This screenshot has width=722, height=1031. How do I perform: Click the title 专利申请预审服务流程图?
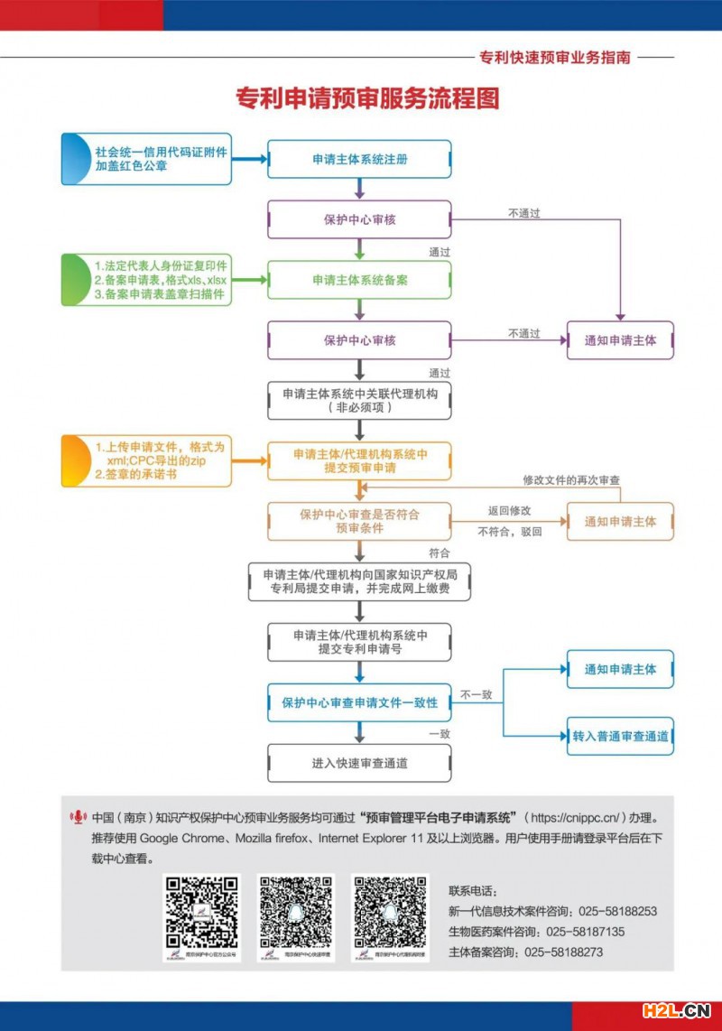click(x=367, y=98)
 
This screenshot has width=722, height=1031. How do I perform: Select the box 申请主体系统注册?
click(x=360, y=159)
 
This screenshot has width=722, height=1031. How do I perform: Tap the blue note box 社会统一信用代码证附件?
click(x=147, y=159)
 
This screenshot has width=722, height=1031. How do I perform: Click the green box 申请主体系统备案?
click(x=360, y=280)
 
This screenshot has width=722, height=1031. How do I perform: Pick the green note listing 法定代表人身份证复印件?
click(x=147, y=280)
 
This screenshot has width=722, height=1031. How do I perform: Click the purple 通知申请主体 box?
click(x=620, y=340)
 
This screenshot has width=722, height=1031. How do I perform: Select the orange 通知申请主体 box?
click(x=620, y=522)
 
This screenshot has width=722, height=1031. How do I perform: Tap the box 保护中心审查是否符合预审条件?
click(x=360, y=522)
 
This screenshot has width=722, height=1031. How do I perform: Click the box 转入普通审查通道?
click(x=620, y=737)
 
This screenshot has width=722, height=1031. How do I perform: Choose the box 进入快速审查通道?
click(x=360, y=763)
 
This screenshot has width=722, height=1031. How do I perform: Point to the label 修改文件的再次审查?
click(x=571, y=479)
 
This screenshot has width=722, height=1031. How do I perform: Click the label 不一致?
click(x=477, y=694)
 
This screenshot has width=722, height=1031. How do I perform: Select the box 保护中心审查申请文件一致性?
click(x=360, y=702)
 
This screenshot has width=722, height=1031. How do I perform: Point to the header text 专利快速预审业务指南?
click(x=555, y=57)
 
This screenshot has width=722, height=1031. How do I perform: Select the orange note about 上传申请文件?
click(x=147, y=460)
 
